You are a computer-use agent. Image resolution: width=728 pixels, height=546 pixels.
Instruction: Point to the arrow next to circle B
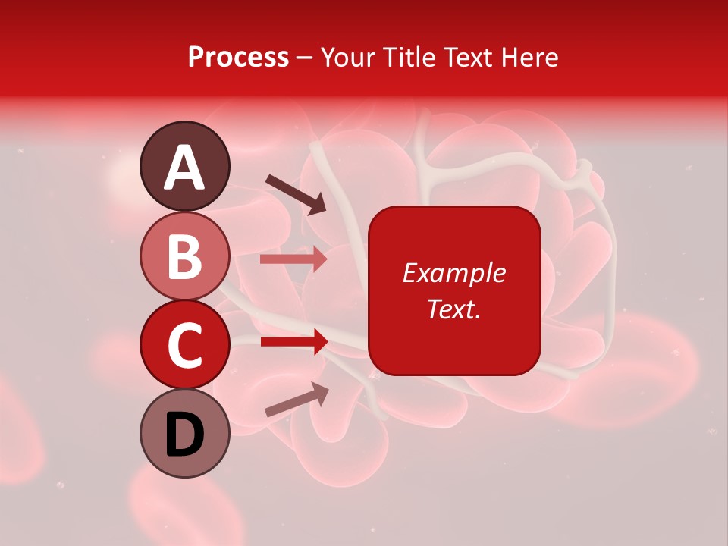(x=293, y=259)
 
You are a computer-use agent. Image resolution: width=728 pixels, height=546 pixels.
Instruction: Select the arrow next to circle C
(x=293, y=342)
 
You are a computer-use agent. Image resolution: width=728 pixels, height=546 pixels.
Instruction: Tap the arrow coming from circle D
(x=297, y=400)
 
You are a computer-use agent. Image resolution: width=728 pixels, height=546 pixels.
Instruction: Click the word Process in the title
(x=238, y=57)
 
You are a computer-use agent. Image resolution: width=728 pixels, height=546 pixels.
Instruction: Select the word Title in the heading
(x=410, y=57)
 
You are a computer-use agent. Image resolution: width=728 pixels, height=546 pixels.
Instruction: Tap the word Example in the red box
(x=453, y=273)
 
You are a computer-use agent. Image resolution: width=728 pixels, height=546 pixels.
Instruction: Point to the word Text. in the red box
(x=453, y=309)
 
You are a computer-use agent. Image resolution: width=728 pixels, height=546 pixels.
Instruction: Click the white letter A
(x=184, y=168)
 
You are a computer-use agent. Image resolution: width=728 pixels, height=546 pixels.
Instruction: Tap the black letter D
(x=184, y=435)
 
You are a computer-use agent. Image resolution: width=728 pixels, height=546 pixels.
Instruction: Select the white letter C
(x=184, y=345)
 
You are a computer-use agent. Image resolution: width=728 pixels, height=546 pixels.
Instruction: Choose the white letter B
(x=184, y=256)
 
